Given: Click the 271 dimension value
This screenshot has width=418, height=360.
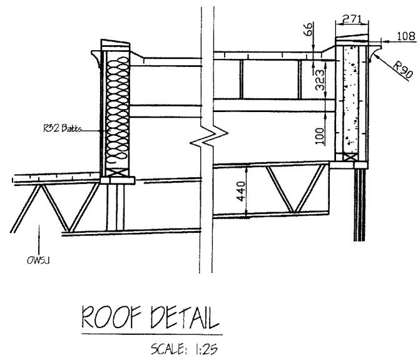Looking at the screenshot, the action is [x=352, y=19].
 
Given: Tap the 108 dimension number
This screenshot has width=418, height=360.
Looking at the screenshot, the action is [x=406, y=36].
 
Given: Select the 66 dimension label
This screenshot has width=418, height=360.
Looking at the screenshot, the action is [x=308, y=29].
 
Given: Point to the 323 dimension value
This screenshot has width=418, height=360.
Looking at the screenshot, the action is [x=320, y=80].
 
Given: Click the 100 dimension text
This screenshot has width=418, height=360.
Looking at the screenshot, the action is [x=320, y=136].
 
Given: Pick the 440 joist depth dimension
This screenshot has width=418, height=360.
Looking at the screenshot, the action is [x=241, y=191].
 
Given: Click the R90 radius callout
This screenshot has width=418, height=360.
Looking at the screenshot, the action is [x=404, y=70].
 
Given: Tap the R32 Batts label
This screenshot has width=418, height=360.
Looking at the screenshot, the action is [x=62, y=128].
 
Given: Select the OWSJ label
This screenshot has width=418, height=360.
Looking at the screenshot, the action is [x=38, y=260].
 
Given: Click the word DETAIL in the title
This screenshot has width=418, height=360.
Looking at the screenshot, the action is [x=185, y=317].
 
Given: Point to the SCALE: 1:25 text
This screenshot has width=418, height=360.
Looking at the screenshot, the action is [x=184, y=349].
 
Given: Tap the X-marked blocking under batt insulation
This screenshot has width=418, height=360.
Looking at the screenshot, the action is [x=117, y=173].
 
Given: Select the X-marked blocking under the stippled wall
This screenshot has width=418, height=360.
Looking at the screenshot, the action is [x=350, y=157].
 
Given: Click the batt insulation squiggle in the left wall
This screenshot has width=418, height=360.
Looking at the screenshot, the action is [x=117, y=112].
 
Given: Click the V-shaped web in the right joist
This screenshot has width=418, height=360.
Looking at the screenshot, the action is [x=295, y=189].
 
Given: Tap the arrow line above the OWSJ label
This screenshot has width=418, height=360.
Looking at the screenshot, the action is [x=39, y=240].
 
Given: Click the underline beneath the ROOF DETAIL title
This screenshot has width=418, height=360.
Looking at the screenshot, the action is [x=152, y=334].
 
